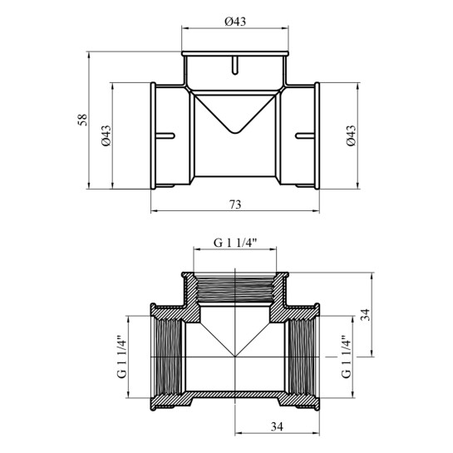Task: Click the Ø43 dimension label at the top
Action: [235, 22]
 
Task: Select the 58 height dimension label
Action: [82, 120]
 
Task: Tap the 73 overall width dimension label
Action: [235, 204]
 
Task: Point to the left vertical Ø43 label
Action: [106, 135]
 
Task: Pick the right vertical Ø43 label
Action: [352, 135]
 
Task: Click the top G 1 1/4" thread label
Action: [235, 244]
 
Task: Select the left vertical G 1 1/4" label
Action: [122, 357]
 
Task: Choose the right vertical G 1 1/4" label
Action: [347, 357]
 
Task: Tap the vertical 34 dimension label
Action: [366, 315]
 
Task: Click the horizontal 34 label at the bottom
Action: [277, 426]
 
